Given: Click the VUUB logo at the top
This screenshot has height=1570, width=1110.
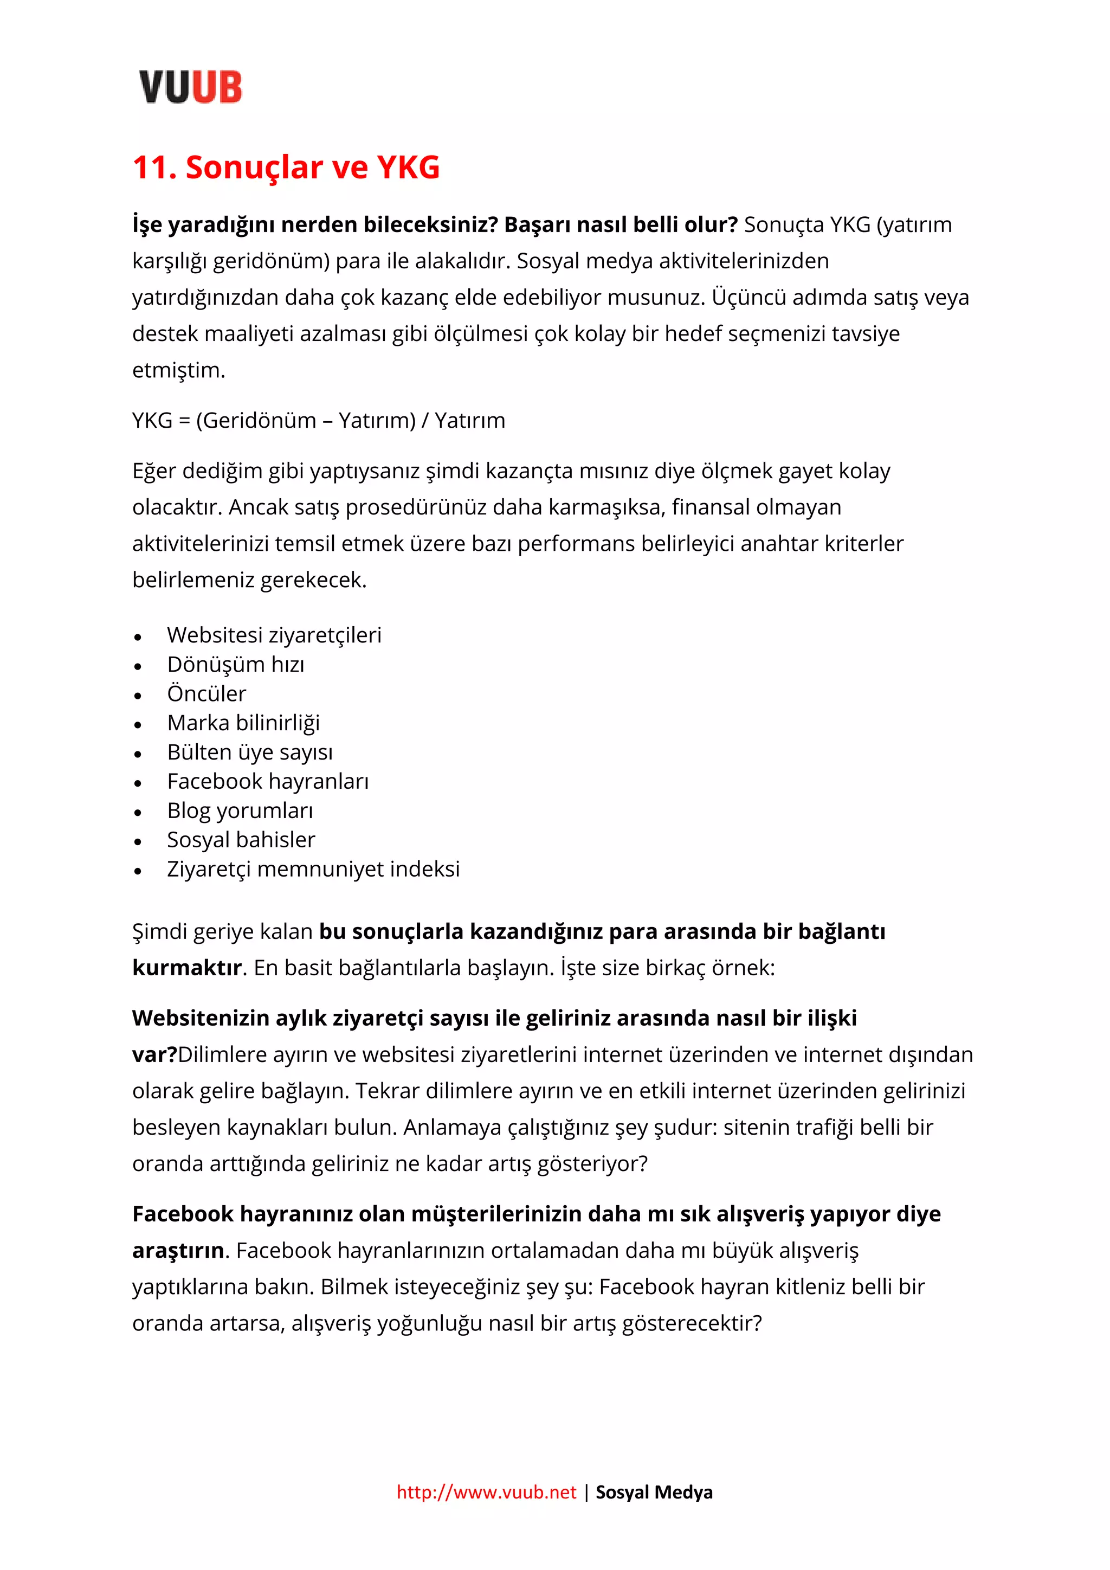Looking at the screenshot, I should point(190,87).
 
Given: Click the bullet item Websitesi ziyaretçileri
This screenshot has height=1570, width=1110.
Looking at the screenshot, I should point(274,635).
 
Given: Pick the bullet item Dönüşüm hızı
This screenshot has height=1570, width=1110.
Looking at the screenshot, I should point(236,664).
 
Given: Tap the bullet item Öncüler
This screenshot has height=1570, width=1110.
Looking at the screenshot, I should point(206,693).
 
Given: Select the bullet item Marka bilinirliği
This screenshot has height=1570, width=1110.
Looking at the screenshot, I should point(243,723).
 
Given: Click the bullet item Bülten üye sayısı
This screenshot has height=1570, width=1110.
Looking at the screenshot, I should point(250,752).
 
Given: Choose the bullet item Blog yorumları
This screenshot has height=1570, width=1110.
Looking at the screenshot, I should point(240,810).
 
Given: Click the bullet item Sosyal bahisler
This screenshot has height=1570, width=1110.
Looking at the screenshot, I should point(241,840).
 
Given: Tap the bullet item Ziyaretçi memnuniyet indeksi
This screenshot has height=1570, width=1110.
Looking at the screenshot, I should point(313,869).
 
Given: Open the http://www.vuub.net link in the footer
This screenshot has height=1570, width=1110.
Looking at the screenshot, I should point(487,1492).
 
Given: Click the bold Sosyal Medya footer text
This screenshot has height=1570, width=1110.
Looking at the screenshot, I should point(654,1492).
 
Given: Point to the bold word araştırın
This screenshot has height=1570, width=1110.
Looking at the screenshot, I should point(178,1251).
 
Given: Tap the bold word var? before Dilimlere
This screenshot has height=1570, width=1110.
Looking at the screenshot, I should point(154,1054).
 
